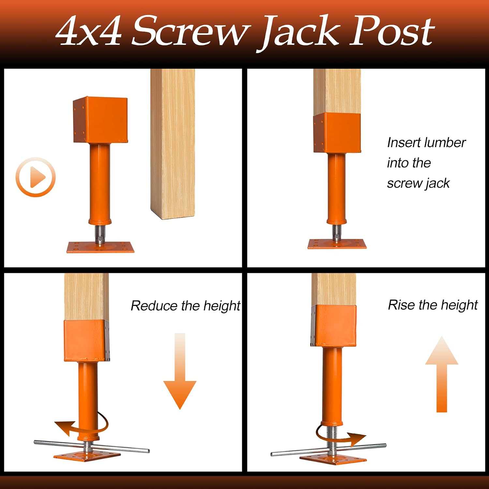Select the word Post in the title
click(x=392, y=31)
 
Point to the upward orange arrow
click(x=442, y=374)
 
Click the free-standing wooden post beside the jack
click(x=173, y=144)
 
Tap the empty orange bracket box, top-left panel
click(x=100, y=120)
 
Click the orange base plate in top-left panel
click(x=100, y=247)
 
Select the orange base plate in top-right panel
click(x=337, y=244)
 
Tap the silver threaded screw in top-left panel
click(x=100, y=234)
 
